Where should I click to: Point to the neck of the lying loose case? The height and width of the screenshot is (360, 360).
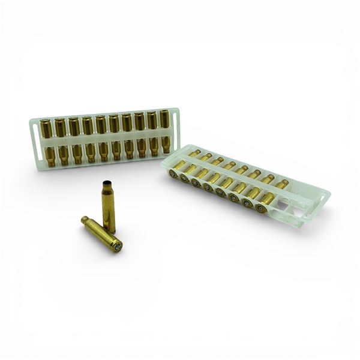click(85, 220)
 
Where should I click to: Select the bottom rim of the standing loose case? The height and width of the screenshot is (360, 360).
click(110, 231)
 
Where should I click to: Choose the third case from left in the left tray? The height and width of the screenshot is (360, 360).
click(74, 141)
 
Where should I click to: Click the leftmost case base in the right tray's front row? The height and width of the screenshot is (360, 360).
click(173, 174)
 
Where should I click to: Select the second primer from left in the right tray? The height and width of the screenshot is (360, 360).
click(185, 178)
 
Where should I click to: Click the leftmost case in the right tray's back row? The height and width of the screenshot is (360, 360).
click(193, 154)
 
